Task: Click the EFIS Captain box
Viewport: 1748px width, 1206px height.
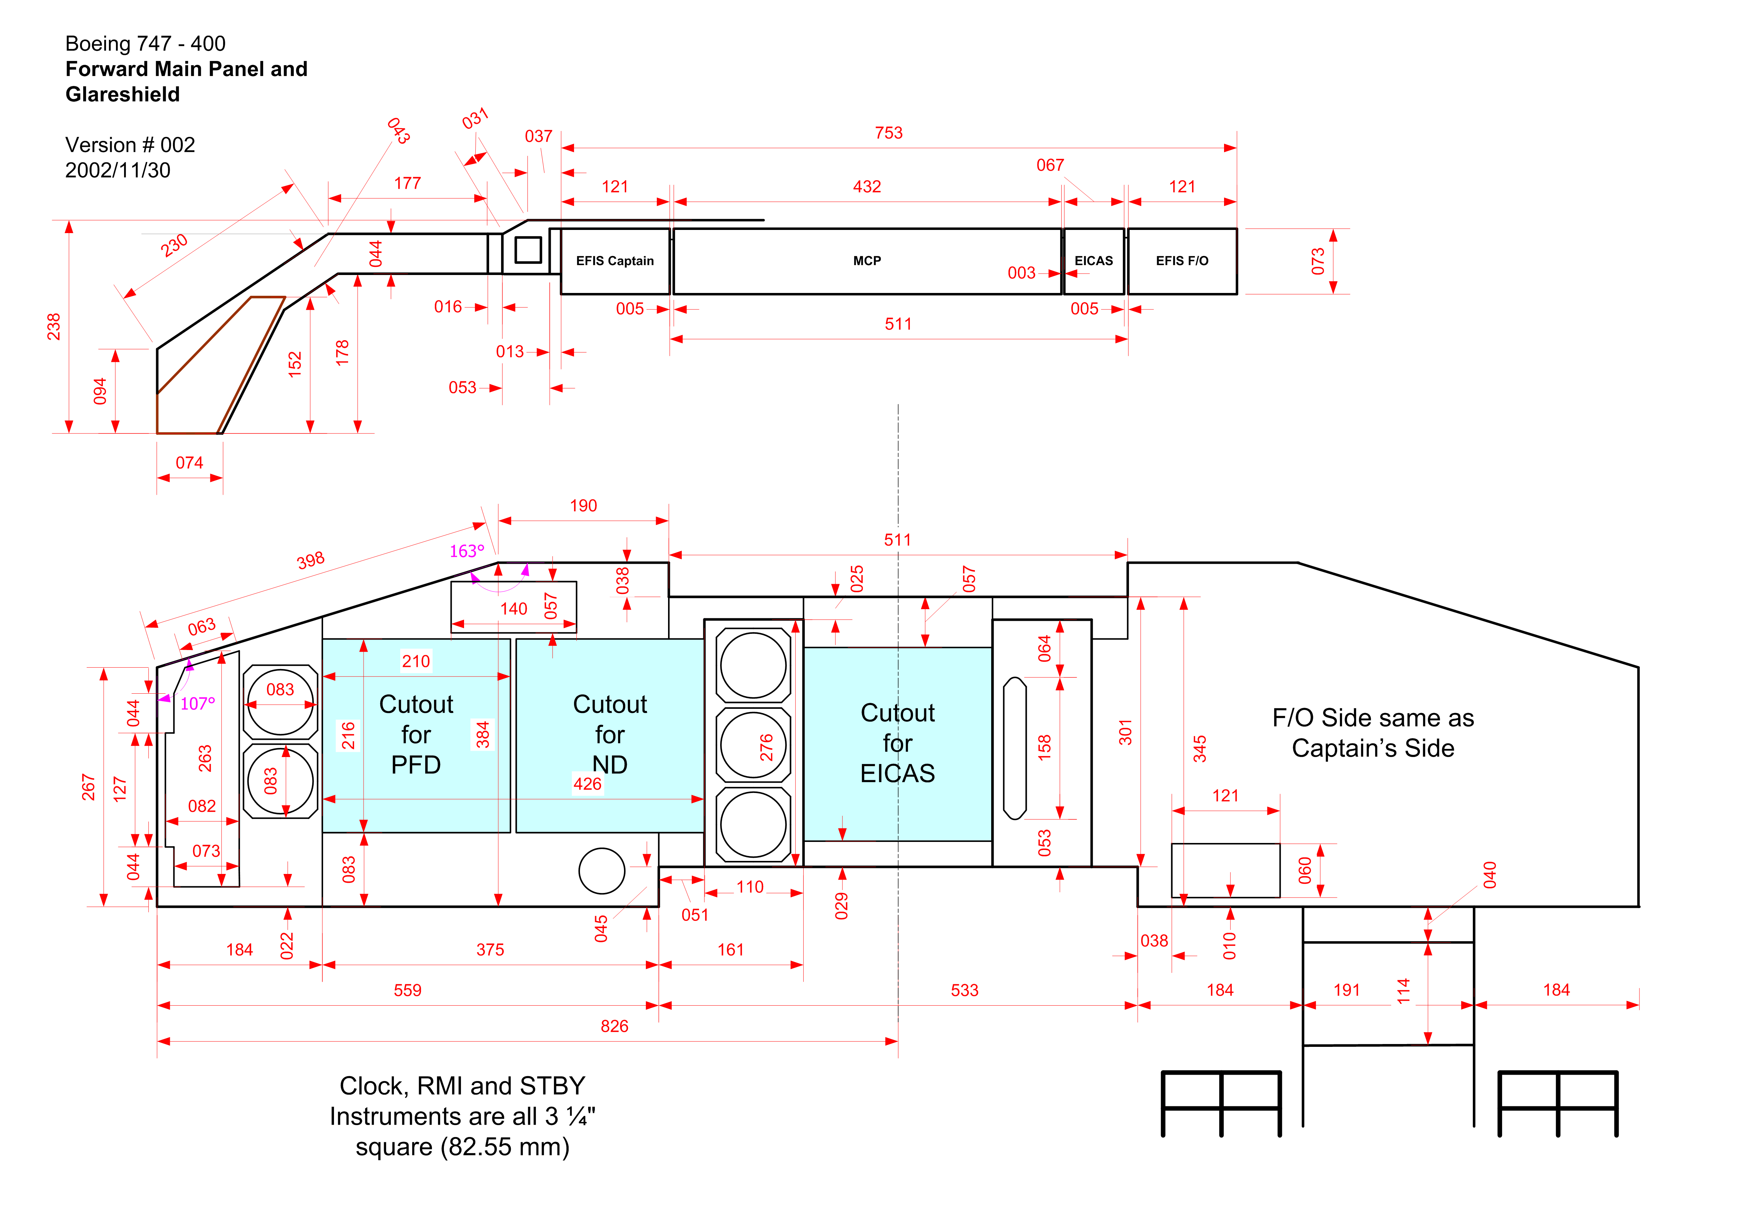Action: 615,261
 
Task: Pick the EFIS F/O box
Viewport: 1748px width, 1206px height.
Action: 1182,261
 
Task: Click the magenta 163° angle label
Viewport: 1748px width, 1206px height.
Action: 467,551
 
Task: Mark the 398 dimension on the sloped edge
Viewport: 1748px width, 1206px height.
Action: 310,560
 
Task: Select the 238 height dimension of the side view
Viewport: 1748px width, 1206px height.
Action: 54,326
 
